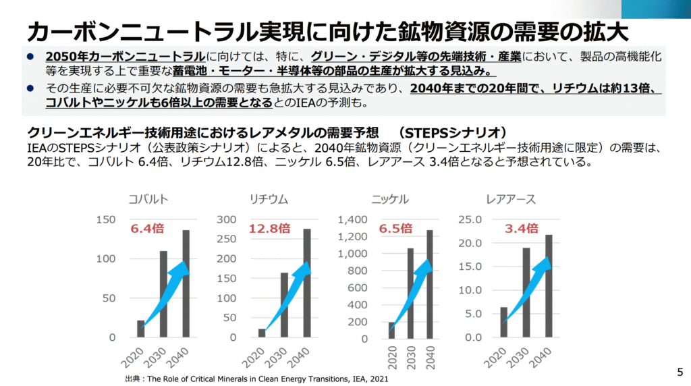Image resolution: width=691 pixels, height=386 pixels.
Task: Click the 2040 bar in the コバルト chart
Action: pyautogui.click(x=186, y=283)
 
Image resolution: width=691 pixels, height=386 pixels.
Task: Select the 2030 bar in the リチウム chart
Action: pyautogui.click(x=284, y=304)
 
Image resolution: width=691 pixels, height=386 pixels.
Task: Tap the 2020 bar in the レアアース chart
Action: pyautogui.click(x=504, y=322)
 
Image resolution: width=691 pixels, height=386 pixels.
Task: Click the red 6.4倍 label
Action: pyautogui.click(x=147, y=228)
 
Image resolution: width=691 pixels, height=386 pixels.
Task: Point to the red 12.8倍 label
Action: pyautogui.click(x=269, y=228)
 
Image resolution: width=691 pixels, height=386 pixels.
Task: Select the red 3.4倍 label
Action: pyautogui.click(x=522, y=228)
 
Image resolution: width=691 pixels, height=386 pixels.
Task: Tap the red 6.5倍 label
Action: pyautogui.click(x=395, y=228)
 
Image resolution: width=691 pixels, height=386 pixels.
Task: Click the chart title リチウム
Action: pyautogui.click(x=269, y=199)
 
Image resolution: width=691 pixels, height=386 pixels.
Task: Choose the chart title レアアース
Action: pyautogui.click(x=511, y=199)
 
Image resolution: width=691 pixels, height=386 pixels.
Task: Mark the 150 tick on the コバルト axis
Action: pyautogui.click(x=107, y=219)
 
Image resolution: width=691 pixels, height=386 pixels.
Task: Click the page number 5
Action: pyautogui.click(x=680, y=371)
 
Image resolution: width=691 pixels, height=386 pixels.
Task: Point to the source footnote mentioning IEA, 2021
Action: pyautogui.click(x=256, y=379)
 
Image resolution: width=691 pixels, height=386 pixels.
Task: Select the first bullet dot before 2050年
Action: pyautogui.click(x=30, y=56)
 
